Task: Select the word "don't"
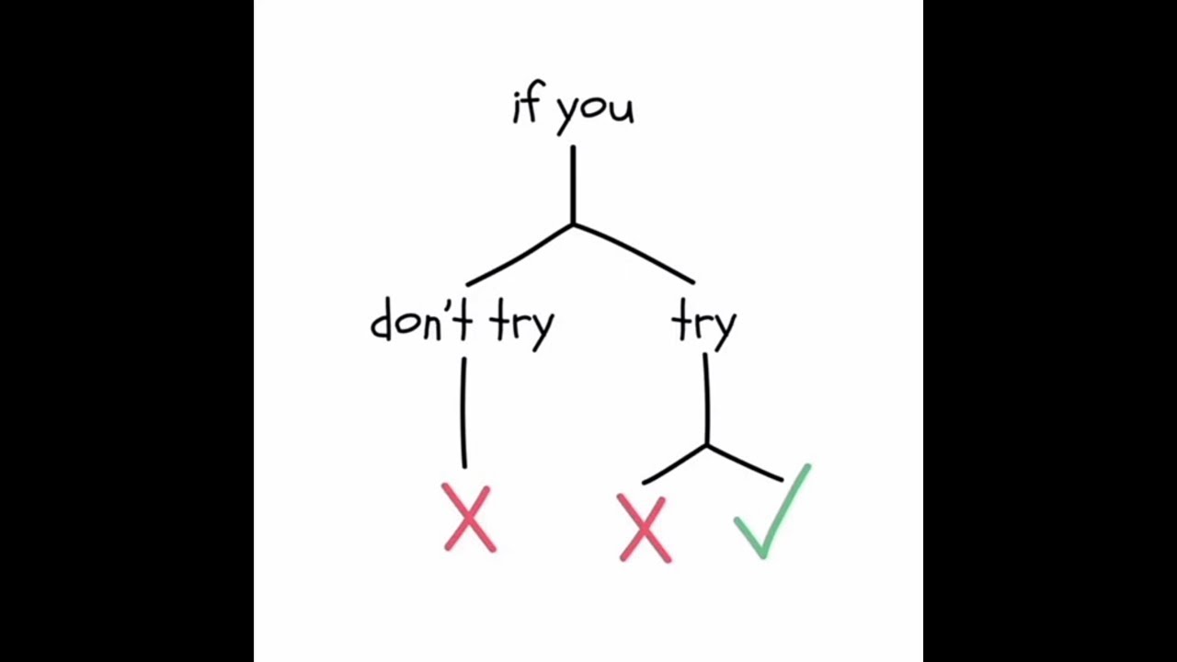tap(421, 319)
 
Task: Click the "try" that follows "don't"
tap(521, 325)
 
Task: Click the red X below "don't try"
tap(469, 518)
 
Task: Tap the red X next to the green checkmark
tap(645, 528)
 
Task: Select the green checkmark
tap(772, 512)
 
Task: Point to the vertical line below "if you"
tap(573, 185)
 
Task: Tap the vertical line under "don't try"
tap(463, 413)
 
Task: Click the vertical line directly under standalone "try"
tap(707, 399)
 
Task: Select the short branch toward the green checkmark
tap(745, 462)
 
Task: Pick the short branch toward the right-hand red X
tap(675, 465)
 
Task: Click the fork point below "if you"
tap(573, 225)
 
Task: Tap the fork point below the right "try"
tap(707, 446)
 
